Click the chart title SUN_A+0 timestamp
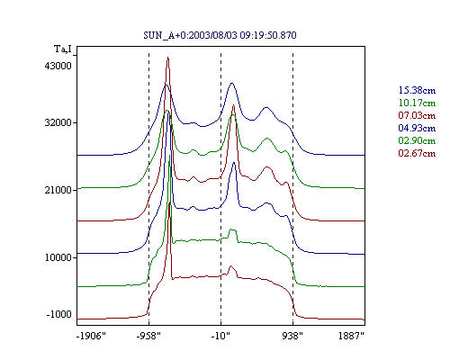(x=220, y=35)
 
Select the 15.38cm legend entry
(x=417, y=90)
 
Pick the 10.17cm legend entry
(x=417, y=103)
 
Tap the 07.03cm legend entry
(x=417, y=115)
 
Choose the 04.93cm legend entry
(x=417, y=128)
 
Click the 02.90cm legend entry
(x=417, y=140)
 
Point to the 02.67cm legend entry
(x=417, y=153)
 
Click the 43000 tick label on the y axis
(x=58, y=66)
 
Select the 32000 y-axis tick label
(x=58, y=122)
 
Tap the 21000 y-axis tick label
(x=58, y=190)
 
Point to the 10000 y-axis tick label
(x=58, y=257)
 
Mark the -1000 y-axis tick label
(x=58, y=314)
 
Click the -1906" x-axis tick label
(x=91, y=336)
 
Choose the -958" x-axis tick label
(x=148, y=336)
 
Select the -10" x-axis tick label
(x=220, y=336)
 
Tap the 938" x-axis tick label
(x=292, y=336)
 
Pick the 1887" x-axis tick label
(x=351, y=336)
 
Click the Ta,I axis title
(x=63, y=49)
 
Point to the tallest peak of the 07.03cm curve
(x=168, y=58)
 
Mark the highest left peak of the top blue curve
(x=166, y=85)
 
